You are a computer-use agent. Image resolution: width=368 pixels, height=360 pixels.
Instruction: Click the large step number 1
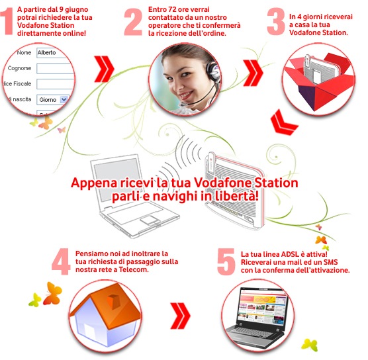7,21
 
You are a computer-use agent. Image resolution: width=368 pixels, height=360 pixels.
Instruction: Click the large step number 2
133,22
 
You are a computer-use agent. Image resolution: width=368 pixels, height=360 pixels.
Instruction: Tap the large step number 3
276,22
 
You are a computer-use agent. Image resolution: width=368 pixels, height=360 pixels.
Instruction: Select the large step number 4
61,261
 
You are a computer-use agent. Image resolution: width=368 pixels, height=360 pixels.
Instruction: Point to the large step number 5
226,261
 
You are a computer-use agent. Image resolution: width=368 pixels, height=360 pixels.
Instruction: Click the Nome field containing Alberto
54,53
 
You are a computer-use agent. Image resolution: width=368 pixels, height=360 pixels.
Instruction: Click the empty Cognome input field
56,69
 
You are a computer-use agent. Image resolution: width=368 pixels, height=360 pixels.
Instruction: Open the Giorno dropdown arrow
64,100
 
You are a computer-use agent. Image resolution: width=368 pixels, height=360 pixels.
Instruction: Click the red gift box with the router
320,81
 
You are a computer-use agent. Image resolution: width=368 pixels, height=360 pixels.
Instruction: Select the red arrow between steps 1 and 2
104,69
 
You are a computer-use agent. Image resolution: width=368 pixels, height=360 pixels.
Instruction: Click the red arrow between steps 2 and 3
253,73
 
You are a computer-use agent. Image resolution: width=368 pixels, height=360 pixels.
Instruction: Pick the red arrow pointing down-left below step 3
283,123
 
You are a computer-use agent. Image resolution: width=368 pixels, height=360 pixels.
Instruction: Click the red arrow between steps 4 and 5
180,316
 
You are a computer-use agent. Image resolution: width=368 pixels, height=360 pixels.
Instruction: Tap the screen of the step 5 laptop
262,308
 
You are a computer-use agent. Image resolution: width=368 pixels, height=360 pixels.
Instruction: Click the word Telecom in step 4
134,269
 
